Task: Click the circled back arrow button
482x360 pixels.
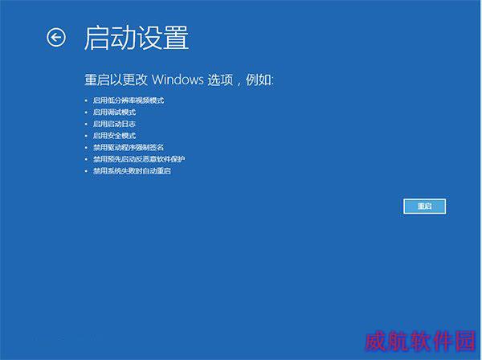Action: click(x=56, y=38)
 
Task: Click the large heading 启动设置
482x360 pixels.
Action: click(x=137, y=38)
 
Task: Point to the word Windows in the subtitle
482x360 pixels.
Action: click(x=178, y=80)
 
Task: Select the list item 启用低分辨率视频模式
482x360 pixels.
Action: click(x=129, y=100)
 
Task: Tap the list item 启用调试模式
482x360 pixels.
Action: click(x=114, y=112)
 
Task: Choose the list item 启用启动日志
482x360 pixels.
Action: click(x=114, y=124)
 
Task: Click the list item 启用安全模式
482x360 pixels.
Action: click(x=114, y=136)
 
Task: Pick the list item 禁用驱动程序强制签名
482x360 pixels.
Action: click(x=129, y=148)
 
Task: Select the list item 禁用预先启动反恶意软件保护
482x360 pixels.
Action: click(x=139, y=159)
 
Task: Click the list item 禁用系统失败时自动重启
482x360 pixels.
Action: click(x=133, y=171)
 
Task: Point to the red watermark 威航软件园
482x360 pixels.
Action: click(x=420, y=341)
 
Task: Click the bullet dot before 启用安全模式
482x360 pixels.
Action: click(x=86, y=136)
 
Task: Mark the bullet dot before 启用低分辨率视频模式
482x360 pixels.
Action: click(x=86, y=100)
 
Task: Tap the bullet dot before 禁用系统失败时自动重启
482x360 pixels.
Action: click(x=86, y=171)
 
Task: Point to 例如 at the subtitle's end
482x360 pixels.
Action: click(x=258, y=80)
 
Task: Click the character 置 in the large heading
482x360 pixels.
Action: click(x=175, y=38)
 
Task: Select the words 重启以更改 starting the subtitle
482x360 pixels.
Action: click(x=116, y=80)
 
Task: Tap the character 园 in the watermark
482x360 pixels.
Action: click(x=466, y=341)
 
